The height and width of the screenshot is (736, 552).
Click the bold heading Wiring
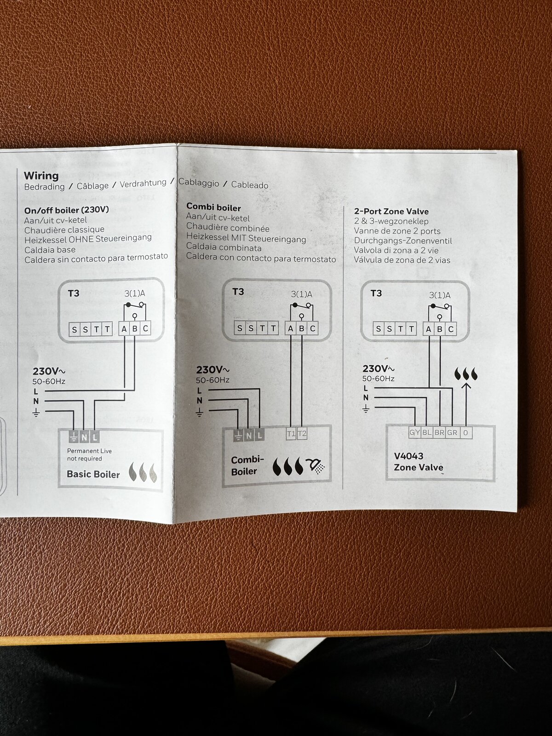(41, 176)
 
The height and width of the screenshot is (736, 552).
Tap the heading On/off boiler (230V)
(66, 210)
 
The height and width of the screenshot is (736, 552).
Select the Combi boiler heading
(213, 207)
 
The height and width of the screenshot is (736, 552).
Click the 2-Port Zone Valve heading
(391, 212)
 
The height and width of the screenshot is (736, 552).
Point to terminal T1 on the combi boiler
(291, 434)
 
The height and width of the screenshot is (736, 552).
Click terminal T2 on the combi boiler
(302, 434)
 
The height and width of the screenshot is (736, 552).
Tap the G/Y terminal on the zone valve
(414, 433)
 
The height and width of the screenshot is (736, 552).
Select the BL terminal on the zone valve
(427, 433)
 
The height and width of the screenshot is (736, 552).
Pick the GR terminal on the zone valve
(452, 433)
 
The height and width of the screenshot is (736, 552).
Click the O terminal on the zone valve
(466, 433)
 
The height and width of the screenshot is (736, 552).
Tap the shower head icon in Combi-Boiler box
(316, 466)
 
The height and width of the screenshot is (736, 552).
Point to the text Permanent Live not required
(89, 455)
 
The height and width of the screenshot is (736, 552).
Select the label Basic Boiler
(93, 474)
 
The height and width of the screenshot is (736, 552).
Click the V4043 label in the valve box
(408, 456)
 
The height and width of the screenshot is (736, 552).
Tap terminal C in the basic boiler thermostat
(145, 329)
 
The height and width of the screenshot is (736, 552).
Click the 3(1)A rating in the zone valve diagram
(440, 295)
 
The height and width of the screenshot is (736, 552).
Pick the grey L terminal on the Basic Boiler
(95, 437)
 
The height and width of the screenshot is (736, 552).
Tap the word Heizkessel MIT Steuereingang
(246, 238)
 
